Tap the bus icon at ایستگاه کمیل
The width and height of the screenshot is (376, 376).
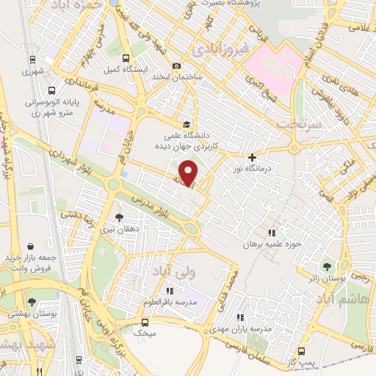click(x=127, y=58)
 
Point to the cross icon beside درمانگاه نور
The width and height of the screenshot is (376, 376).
click(x=252, y=157)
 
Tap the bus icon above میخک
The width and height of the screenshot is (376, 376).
click(x=145, y=322)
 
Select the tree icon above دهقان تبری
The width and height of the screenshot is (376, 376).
click(x=120, y=217)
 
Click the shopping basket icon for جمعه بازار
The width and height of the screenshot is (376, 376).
click(x=30, y=246)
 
